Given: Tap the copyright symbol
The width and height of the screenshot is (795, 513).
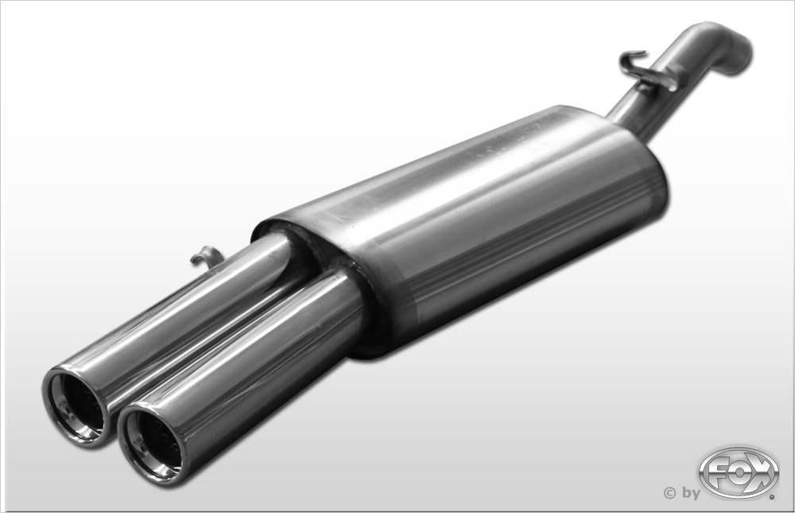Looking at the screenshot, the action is pos(669,492).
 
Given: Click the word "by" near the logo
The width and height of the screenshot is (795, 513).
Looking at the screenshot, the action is pos(691,492).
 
